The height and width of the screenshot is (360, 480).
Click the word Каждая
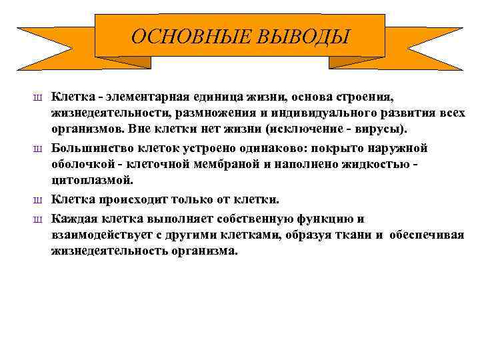pyautogui.click(x=73, y=219)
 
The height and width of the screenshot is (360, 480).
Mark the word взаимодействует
pyautogui.click(x=101, y=235)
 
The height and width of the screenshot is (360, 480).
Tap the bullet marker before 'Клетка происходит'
pyautogui.click(x=38, y=200)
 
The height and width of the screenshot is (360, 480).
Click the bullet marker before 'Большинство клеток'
pyautogui.click(x=38, y=149)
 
